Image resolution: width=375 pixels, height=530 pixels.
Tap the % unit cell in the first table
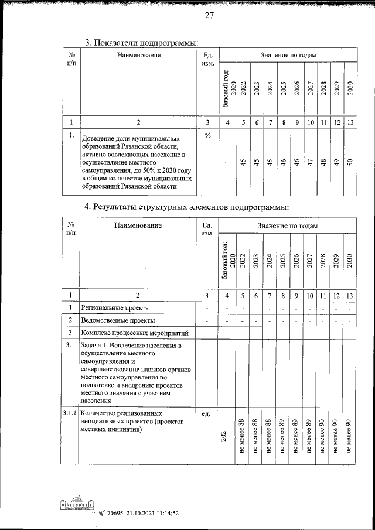click(x=207, y=135)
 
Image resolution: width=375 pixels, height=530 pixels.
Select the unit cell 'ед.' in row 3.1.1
click(x=206, y=414)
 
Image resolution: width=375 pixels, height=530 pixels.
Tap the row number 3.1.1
click(x=70, y=414)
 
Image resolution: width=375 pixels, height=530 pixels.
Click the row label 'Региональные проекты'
click(x=115, y=307)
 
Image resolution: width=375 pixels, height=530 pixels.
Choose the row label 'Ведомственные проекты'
click(x=118, y=320)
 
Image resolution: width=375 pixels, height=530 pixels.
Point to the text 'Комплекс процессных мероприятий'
click(x=135, y=333)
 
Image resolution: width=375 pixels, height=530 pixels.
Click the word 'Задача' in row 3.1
click(x=94, y=346)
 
